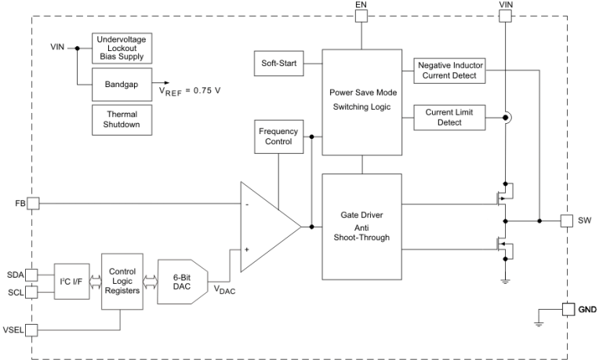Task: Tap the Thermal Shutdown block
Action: [122, 119]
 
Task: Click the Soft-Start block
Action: [278, 62]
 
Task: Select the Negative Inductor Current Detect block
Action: [449, 70]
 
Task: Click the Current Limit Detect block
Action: [449, 117]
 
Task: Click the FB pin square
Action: [32, 203]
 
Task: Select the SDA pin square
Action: [32, 274]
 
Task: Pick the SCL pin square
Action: [32, 293]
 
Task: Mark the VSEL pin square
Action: [32, 329]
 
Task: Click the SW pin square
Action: [567, 220]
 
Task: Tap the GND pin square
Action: [567, 309]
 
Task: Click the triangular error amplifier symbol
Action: [265, 226]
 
